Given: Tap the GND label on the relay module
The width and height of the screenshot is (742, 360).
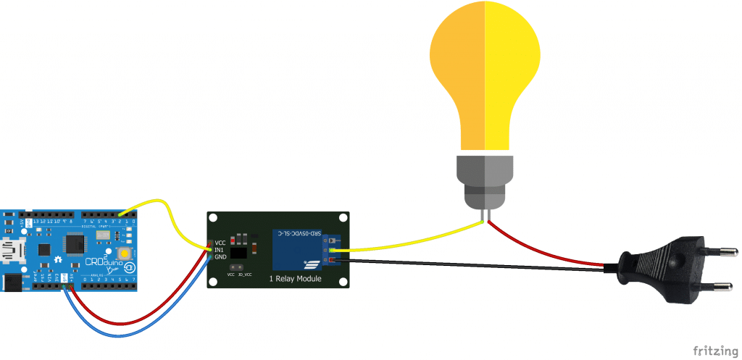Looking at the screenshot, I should [x=221, y=256].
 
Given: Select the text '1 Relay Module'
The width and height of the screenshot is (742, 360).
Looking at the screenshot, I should [x=295, y=278].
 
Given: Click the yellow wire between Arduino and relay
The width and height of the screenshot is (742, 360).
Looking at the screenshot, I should [x=174, y=214].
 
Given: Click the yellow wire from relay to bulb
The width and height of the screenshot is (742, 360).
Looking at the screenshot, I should [x=413, y=238].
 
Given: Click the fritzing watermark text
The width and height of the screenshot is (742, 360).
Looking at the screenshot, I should [x=713, y=351].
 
